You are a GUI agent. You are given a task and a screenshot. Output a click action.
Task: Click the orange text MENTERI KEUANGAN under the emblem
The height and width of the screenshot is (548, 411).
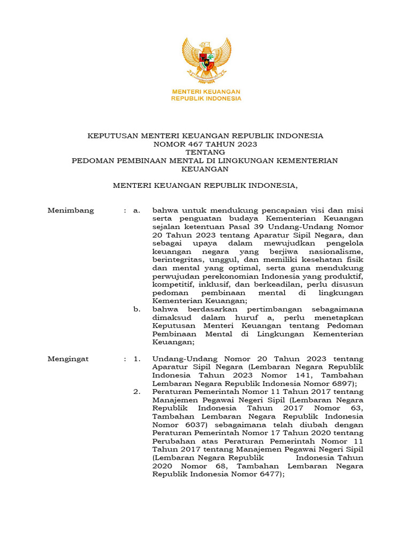[x=206, y=92]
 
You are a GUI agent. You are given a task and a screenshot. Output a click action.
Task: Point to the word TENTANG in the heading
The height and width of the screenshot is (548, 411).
[x=205, y=153]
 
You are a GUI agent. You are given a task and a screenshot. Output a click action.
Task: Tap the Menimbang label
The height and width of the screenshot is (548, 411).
[x=71, y=210]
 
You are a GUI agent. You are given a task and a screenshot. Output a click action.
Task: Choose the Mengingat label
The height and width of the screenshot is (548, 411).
[x=68, y=359]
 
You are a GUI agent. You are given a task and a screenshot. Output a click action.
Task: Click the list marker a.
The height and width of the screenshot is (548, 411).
[x=137, y=210]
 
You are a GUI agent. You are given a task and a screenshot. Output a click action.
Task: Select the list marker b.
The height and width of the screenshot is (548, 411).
[x=137, y=309]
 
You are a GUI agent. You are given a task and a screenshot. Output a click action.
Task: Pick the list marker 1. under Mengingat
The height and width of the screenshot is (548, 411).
[x=137, y=359]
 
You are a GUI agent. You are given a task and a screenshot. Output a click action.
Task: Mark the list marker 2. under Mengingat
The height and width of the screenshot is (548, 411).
[x=137, y=392]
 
